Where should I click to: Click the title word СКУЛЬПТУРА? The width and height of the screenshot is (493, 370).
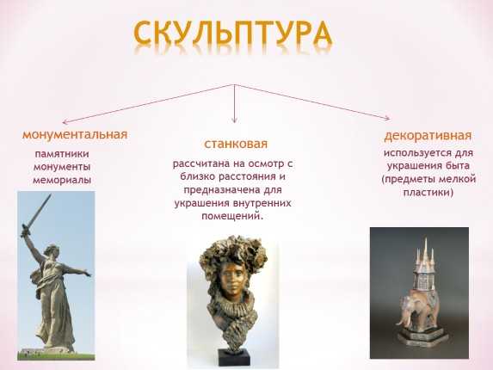point(232,34)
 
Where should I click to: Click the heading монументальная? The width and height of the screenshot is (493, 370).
point(75,134)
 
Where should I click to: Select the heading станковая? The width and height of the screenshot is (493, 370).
point(236,144)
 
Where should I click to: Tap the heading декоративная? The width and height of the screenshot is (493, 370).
point(428,136)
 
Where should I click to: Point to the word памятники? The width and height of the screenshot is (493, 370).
point(62,154)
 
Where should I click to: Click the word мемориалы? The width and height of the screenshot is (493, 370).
point(62,181)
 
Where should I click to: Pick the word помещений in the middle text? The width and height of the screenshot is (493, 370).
point(231,216)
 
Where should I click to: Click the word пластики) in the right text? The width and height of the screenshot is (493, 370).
point(428,192)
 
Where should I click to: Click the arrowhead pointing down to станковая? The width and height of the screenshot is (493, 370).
point(234,120)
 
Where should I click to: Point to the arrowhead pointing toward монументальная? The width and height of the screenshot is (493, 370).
point(65,122)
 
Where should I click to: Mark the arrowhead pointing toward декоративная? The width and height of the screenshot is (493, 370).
point(387,118)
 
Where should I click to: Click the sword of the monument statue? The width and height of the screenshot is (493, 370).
point(36,215)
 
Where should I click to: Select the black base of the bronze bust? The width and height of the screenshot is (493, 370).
point(234,357)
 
